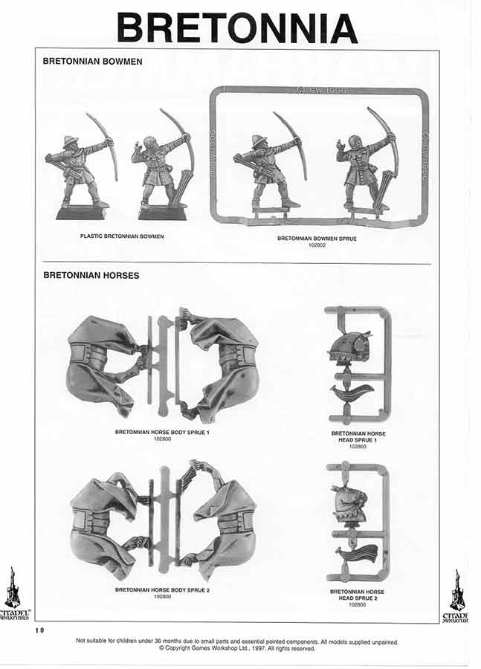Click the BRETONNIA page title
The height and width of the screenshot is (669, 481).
(x=237, y=28)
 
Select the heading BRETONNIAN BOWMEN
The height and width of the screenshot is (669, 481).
(x=92, y=62)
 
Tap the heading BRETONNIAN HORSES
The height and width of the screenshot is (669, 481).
(x=91, y=275)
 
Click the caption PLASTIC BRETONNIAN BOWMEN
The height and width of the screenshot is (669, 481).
(x=122, y=236)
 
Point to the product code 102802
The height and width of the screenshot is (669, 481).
(x=318, y=244)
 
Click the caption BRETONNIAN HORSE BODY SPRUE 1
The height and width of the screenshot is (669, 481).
(x=161, y=432)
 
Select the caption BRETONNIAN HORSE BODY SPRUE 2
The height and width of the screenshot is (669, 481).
(x=161, y=589)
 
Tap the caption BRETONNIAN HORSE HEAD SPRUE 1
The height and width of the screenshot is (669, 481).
(x=358, y=436)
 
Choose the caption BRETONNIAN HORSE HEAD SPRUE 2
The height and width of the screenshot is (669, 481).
(x=358, y=595)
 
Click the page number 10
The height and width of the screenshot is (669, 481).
(x=39, y=630)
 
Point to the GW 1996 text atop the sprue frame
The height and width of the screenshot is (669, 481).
(x=320, y=90)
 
